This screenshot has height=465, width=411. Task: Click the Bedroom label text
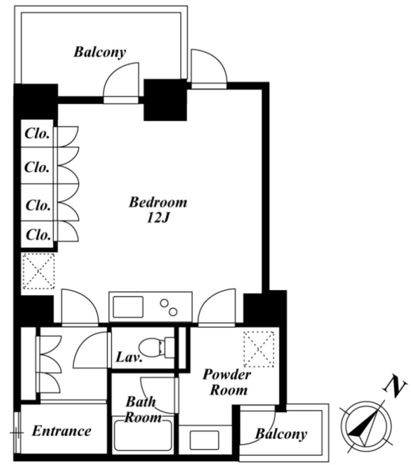(x=158, y=202)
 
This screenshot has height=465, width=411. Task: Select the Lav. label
(x=129, y=357)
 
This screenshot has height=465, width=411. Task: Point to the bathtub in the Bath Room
(x=143, y=438)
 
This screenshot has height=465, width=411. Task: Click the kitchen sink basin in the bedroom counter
(x=128, y=307)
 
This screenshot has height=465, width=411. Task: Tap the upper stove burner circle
(x=164, y=303)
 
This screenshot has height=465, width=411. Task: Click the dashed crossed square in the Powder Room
(x=259, y=349)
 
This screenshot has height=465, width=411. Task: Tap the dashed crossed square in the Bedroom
(x=39, y=271)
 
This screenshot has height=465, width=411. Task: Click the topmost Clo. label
(x=37, y=133)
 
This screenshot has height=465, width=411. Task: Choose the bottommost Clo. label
(x=39, y=235)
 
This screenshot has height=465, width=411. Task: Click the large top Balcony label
(x=100, y=52)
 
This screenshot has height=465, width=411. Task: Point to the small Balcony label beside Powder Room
(x=281, y=434)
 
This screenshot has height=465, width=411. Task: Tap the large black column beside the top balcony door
(x=165, y=100)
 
